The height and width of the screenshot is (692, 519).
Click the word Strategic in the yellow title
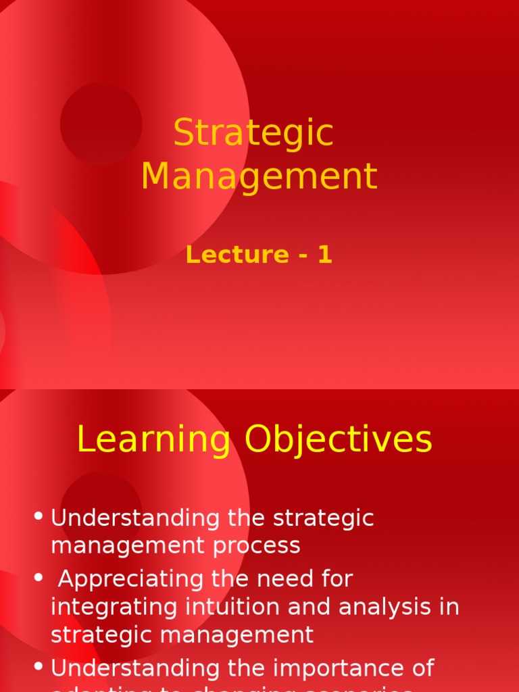[x=253, y=134]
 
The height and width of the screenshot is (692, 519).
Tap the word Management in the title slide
[x=259, y=176]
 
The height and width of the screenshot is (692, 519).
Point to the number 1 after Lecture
[x=325, y=255]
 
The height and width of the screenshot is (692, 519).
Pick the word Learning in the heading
[x=153, y=441]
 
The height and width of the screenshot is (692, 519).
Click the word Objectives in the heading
[x=338, y=441]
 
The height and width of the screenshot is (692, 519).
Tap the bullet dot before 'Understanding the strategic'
[x=39, y=517]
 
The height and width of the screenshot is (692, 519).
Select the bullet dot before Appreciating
[x=39, y=578]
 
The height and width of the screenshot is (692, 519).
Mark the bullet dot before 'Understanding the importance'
[x=39, y=667]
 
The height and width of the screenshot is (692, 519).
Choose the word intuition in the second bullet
[x=239, y=607]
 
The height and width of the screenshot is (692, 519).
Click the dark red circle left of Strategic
[x=101, y=124]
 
